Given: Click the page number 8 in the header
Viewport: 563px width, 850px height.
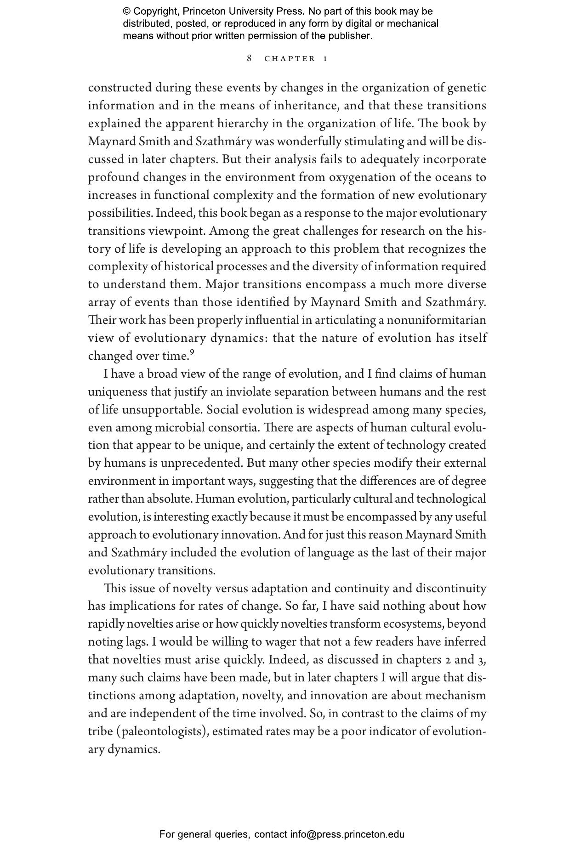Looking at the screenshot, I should pos(249,58).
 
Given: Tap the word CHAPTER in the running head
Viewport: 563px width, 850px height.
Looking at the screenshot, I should pos(290,59).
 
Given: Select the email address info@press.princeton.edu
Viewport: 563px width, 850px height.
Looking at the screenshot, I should pos(347,834).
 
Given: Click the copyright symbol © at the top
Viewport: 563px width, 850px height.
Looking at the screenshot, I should pos(127,11).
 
